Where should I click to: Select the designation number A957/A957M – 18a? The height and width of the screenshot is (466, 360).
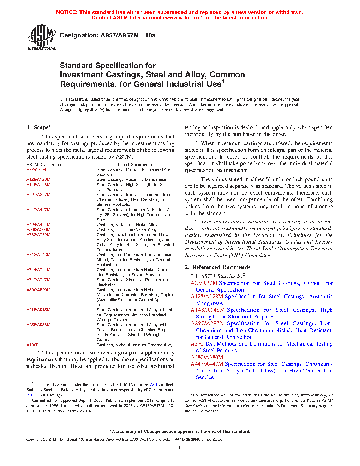coord(128,35)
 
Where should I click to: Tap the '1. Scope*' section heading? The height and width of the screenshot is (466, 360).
coord(39,127)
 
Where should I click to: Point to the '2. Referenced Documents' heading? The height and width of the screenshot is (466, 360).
coord(218,267)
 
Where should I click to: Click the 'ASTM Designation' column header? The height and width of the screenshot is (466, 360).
coord(43,165)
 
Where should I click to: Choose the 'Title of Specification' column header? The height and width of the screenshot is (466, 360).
coord(136,165)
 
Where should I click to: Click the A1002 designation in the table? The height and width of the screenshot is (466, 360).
coord(32,345)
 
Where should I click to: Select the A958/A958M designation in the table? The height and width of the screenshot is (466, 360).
coord(38,325)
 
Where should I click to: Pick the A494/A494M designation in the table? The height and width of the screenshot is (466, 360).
coord(38,225)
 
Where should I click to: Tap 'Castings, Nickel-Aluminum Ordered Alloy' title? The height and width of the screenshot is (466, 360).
coord(134,345)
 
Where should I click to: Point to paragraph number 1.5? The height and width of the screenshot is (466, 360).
coord(194,222)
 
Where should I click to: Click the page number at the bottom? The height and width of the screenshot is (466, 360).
coord(180,448)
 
